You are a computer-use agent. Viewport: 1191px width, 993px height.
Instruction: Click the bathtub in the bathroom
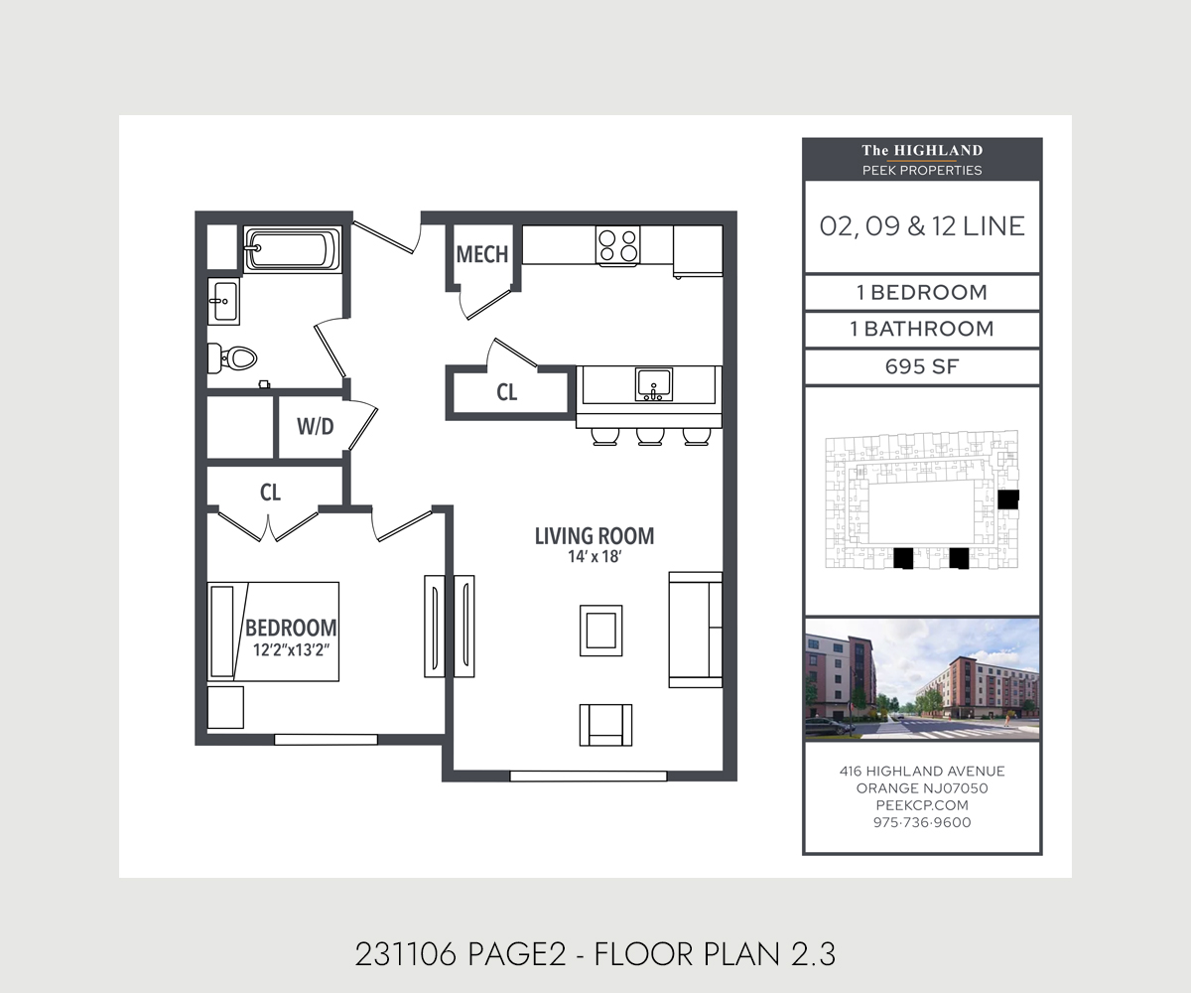(x=293, y=249)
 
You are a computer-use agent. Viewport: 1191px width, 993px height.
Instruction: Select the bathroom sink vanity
(x=223, y=301)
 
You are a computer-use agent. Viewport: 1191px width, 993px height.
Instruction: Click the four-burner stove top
(x=617, y=245)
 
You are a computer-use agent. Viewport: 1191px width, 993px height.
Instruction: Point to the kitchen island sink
(x=654, y=384)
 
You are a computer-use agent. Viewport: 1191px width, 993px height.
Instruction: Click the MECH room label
(x=482, y=254)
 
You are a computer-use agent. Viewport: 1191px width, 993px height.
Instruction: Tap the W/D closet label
(x=316, y=426)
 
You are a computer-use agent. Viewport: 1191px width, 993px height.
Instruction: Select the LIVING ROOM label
(x=595, y=536)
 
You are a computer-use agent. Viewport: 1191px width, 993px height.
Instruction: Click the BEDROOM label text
(x=291, y=628)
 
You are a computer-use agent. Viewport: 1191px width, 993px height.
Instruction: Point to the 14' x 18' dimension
(x=595, y=556)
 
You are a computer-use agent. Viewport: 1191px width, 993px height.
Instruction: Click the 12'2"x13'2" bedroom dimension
(x=292, y=650)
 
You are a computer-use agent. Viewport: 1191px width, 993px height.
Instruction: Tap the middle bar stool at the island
(x=650, y=437)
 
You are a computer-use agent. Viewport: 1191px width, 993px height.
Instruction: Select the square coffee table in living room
(x=601, y=631)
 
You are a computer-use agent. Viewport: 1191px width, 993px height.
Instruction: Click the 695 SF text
(x=922, y=366)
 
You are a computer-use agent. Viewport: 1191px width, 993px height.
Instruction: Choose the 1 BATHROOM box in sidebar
(x=922, y=330)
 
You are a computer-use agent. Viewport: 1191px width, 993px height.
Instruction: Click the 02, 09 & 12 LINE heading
(x=922, y=226)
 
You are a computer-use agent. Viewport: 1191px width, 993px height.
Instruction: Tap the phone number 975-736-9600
(x=922, y=822)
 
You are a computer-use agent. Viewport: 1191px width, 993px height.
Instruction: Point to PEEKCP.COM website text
(x=922, y=805)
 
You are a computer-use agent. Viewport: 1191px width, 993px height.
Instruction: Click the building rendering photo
(x=922, y=679)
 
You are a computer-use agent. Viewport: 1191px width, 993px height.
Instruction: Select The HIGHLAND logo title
(x=922, y=150)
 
